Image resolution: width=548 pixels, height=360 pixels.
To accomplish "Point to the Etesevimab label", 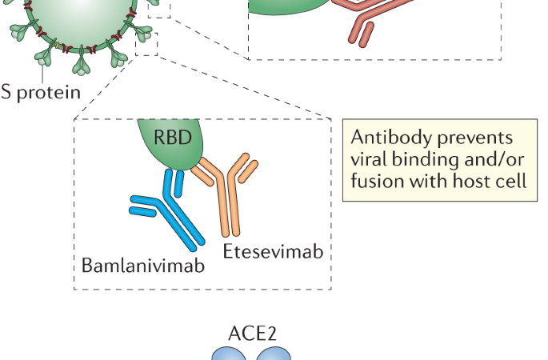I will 274,252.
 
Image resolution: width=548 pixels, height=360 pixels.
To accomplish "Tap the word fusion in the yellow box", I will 374,181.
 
